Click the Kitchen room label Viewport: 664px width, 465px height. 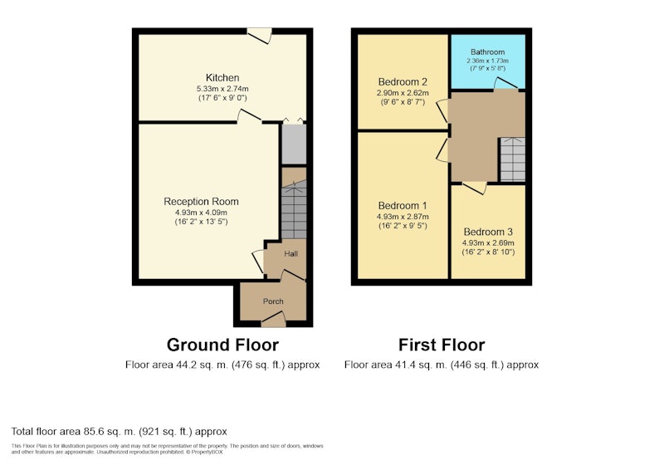point(222,78)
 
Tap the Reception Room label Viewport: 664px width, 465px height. point(201,202)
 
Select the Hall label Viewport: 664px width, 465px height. point(291,254)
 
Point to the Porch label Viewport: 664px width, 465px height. point(273,301)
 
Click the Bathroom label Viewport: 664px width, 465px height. point(487,52)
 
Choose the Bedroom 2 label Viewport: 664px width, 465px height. point(403,81)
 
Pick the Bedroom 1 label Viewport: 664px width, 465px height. point(403,206)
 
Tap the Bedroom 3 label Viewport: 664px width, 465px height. point(488,232)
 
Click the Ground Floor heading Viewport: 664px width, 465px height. point(222,345)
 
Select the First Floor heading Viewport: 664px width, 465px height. point(442,345)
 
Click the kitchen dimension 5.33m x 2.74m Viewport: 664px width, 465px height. point(222,89)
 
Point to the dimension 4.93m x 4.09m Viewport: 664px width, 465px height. point(201,213)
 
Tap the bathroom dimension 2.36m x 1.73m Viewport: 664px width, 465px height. point(487,61)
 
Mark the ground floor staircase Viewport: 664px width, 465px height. point(294,209)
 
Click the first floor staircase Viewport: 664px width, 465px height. point(512,159)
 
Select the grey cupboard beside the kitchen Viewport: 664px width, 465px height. point(294,144)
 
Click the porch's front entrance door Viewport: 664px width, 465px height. point(273,319)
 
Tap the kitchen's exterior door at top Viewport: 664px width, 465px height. point(259,35)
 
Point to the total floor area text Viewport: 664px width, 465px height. point(119,432)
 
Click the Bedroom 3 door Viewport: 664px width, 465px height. point(474,188)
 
